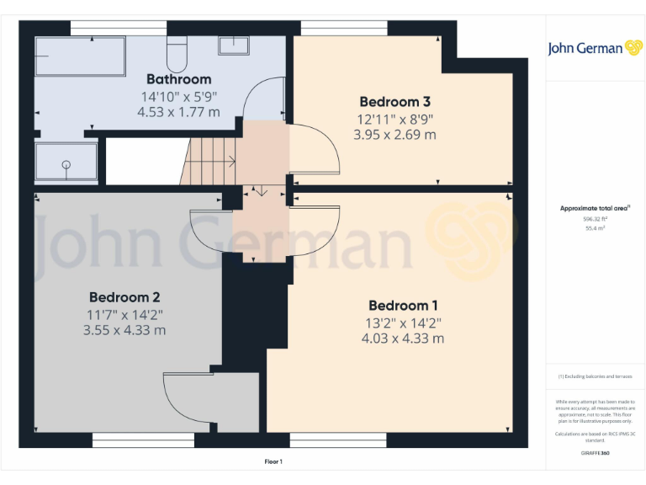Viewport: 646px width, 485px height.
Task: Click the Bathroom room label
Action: pos(178,79)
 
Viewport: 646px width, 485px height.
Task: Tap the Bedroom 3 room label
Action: pos(394,102)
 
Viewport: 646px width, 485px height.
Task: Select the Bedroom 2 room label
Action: pos(124,297)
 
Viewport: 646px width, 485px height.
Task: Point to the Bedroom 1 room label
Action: pos(403,306)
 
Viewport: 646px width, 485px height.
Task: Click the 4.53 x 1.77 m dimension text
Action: pos(178,111)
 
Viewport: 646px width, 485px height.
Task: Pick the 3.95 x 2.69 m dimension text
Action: pos(394,135)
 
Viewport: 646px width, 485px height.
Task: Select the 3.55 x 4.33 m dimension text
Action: pos(124,330)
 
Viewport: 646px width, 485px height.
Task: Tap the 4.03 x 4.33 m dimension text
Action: pos(403,338)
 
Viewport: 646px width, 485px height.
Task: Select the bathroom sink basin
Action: pos(232,45)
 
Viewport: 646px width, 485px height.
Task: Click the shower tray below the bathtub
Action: pos(66,161)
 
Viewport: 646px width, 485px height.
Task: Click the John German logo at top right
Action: pos(596,48)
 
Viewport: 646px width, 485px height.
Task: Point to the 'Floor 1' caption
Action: pos(273,461)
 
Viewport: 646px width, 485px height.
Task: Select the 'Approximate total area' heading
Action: pos(595,208)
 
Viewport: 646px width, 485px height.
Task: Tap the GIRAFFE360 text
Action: pos(595,454)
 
